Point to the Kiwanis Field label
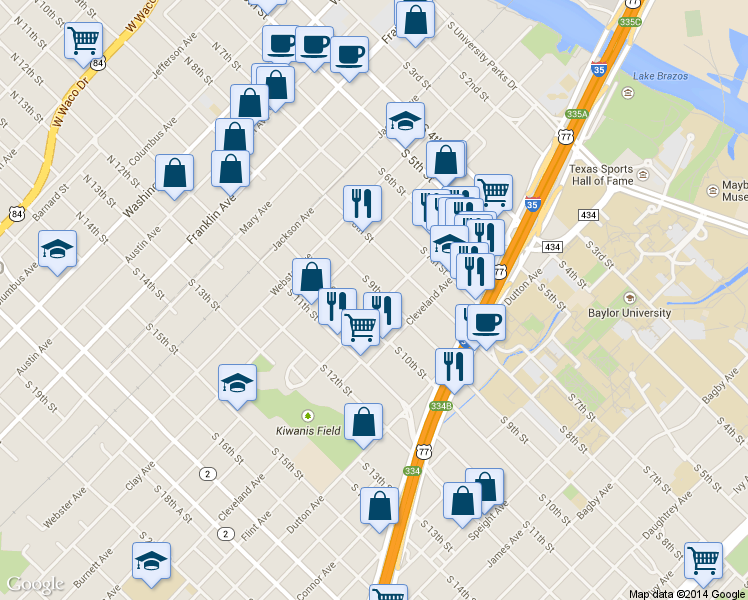tap(308, 431)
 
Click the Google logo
tap(35, 584)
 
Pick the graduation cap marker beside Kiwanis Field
tap(237, 383)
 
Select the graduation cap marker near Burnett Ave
tap(151, 561)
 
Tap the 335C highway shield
tap(630, 20)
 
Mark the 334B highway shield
tap(441, 406)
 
